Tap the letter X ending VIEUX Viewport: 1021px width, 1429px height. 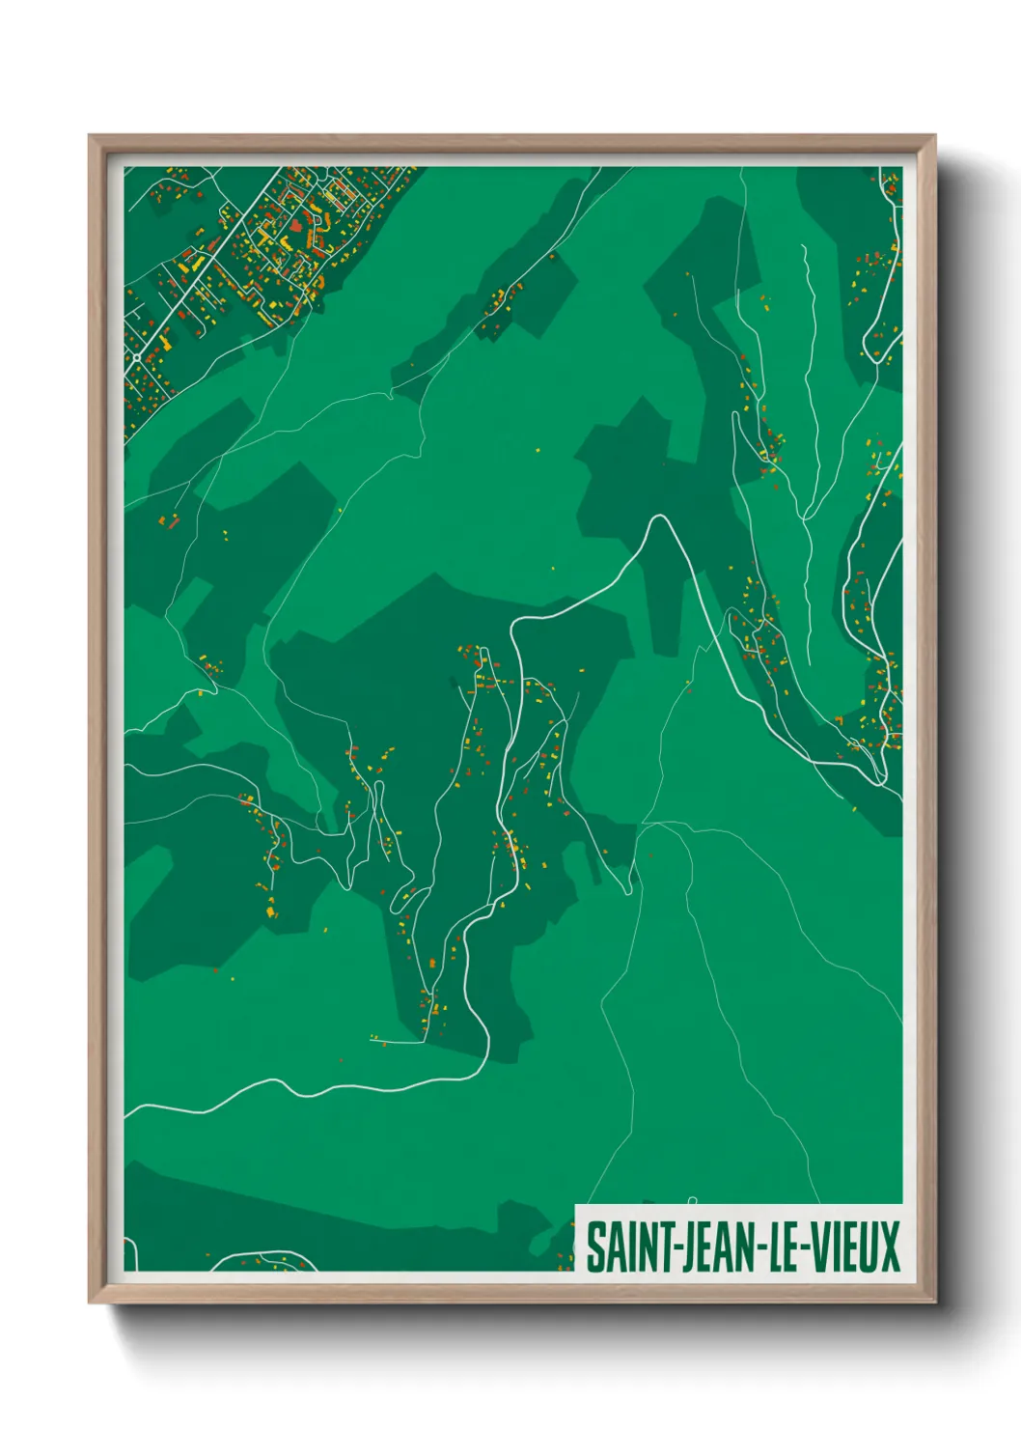point(889,1247)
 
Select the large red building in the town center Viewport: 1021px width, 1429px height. point(293,229)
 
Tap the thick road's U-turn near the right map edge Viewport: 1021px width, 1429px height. point(882,778)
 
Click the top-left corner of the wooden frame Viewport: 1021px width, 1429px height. point(90,136)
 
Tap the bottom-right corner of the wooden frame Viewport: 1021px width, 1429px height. point(934,1302)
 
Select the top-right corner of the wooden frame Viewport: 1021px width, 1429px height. point(934,136)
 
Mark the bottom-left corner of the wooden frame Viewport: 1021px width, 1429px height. point(90,1302)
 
